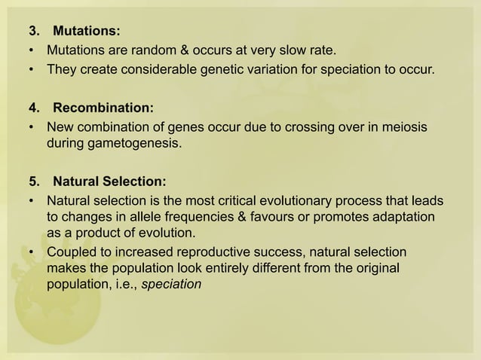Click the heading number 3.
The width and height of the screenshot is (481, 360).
33,32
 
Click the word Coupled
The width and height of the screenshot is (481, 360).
72,250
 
